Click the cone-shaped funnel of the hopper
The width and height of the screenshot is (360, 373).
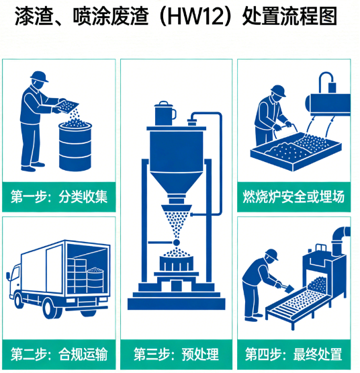(176, 177)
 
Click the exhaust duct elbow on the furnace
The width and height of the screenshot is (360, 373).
(339, 236)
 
